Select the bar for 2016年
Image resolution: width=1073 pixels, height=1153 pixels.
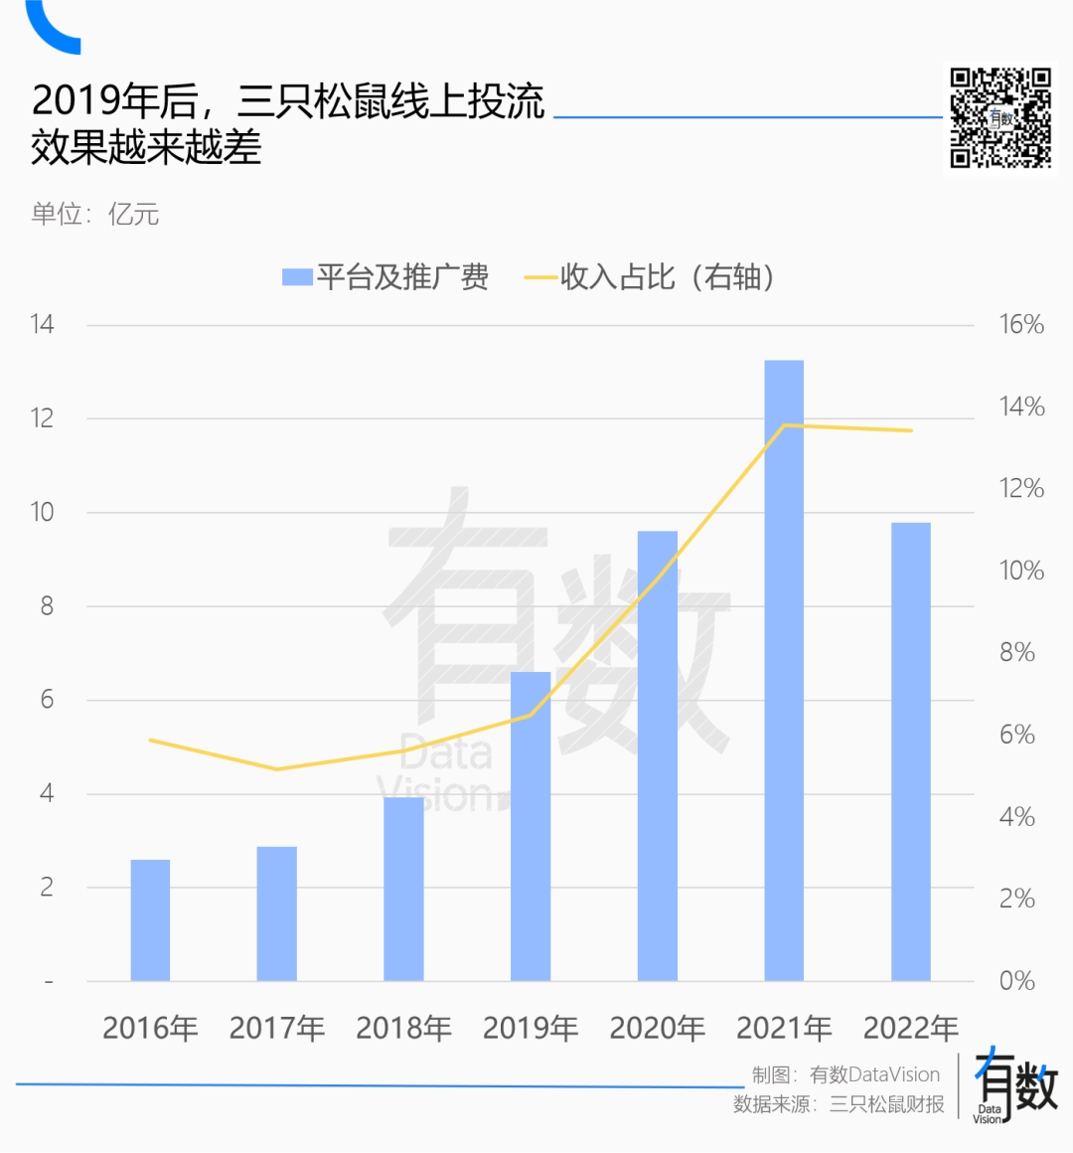click(150, 920)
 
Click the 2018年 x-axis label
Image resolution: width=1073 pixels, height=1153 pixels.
click(403, 1028)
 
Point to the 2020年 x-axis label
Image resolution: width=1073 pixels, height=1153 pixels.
click(657, 1028)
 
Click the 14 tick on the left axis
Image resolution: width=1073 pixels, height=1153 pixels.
click(42, 324)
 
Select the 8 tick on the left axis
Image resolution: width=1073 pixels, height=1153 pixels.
click(46, 606)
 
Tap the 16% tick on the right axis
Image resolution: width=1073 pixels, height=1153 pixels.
click(1021, 324)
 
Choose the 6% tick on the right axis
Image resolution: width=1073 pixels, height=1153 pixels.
click(1017, 735)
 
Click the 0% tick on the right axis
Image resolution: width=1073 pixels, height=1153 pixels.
click(1017, 981)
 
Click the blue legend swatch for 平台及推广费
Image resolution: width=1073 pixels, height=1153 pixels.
click(297, 277)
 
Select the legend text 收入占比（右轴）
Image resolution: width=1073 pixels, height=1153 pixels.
click(668, 277)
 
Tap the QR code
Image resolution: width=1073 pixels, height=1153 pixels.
click(999, 118)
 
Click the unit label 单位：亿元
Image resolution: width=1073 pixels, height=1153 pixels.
click(95, 214)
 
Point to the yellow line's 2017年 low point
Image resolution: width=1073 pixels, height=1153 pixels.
click(277, 768)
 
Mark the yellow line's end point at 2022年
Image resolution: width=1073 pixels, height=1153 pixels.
click(910, 430)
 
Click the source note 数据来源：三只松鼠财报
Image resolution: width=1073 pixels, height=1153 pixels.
click(839, 1104)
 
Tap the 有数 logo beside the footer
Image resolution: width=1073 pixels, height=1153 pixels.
click(1014, 1086)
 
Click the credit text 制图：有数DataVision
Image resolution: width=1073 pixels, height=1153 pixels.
click(845, 1074)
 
